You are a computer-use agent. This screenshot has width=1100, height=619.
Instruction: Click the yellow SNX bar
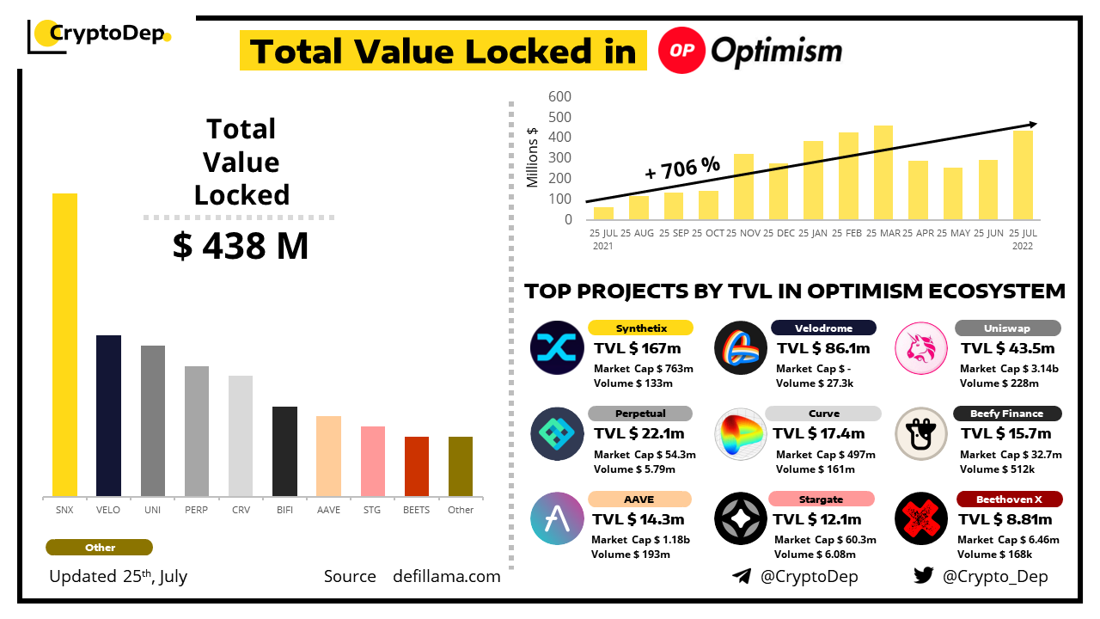coord(65,345)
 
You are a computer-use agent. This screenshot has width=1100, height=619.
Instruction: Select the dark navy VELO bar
coord(108,416)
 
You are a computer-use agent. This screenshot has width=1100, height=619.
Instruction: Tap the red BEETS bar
coord(417,466)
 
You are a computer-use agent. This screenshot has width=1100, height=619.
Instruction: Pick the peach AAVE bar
coord(328,456)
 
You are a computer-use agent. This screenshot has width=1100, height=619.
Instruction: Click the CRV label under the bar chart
coord(241,510)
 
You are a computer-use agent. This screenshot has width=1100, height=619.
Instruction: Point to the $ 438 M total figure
coord(241,247)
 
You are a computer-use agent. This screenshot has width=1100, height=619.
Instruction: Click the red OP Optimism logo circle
coord(681,50)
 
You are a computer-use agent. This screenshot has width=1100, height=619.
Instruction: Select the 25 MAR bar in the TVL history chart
coord(883,172)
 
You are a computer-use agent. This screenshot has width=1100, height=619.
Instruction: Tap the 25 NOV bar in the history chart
coord(743,187)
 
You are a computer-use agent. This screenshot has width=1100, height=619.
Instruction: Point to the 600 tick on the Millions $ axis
coord(559,96)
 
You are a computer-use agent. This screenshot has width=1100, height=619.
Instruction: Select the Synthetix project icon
coord(557,347)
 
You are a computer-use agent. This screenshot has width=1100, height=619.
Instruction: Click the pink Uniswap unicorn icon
coord(920,347)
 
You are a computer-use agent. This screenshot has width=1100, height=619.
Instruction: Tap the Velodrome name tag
coord(822,328)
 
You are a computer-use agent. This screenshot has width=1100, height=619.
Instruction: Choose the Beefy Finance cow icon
coord(920,433)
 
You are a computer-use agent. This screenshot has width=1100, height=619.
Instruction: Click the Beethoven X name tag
coord(1008,499)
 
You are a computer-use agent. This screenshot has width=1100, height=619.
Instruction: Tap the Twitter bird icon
coord(924,576)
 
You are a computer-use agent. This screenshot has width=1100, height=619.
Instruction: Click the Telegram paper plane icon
coord(742,576)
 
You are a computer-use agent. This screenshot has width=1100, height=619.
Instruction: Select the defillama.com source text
coord(447,576)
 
